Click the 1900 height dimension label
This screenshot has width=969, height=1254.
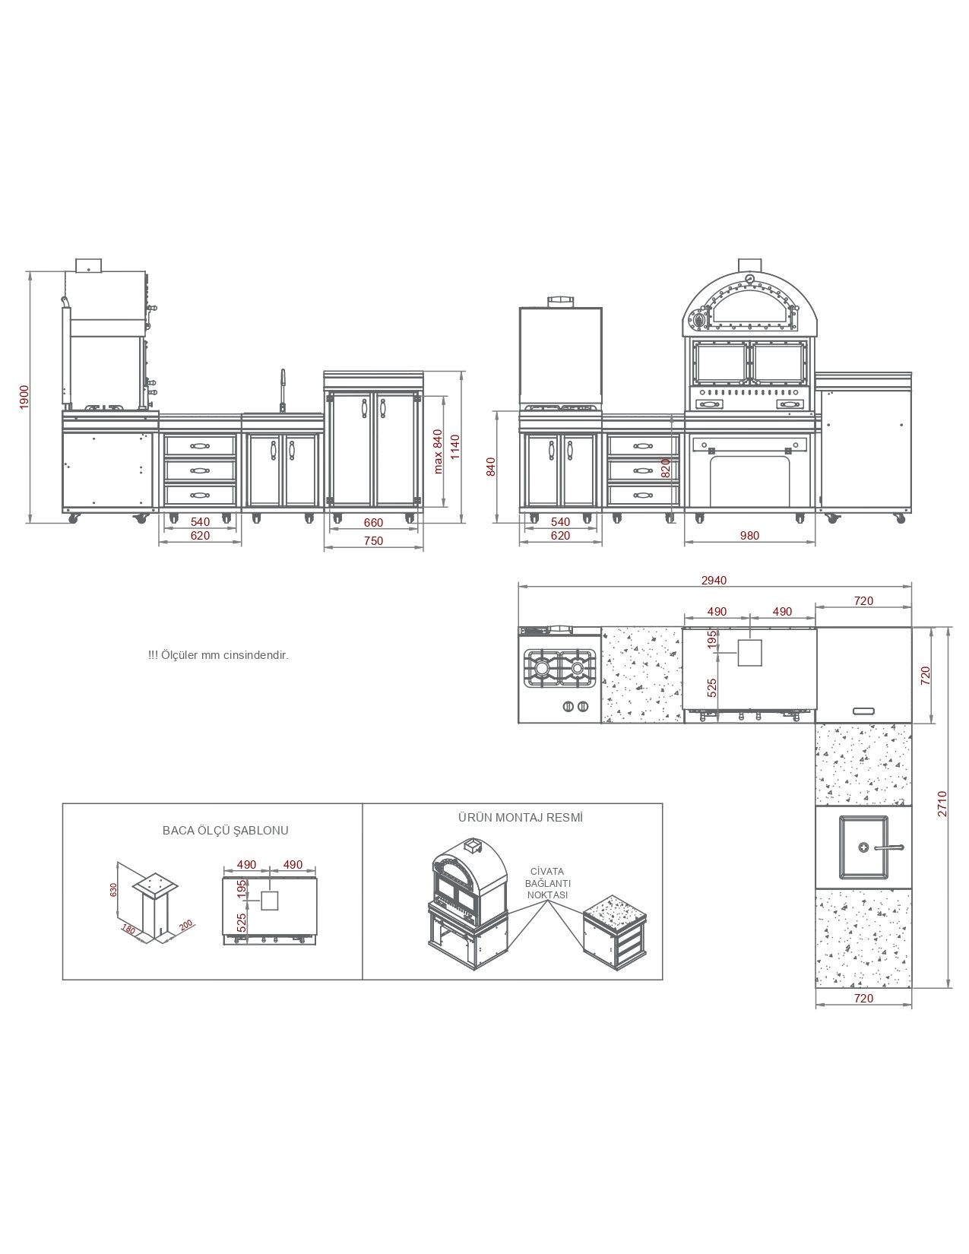24,397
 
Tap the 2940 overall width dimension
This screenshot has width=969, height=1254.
714,580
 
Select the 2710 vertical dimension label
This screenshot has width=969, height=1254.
942,803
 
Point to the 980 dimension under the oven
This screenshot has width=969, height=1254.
749,536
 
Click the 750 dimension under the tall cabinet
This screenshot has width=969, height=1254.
373,540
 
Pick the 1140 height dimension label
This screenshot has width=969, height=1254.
455,447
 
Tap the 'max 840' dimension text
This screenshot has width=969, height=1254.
438,451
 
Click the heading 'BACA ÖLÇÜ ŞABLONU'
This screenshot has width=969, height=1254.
225,831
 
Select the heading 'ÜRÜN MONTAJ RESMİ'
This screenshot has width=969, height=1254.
521,818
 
